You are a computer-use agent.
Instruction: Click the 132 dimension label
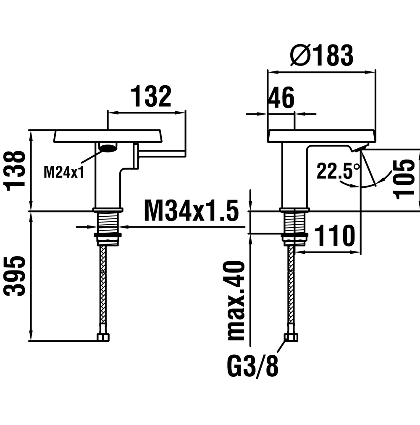tap(151, 97)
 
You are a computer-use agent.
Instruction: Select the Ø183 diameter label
tap(322, 55)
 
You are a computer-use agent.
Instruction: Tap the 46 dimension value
tap(281, 97)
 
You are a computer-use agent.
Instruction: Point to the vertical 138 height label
tap(14, 171)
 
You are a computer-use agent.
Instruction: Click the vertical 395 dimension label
tap(14, 275)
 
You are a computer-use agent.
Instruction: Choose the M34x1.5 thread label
tap(192, 210)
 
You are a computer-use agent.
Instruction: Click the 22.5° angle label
tap(338, 171)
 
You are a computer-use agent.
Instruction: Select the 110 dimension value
tap(335, 236)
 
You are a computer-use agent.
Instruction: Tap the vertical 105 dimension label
tap(404, 179)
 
